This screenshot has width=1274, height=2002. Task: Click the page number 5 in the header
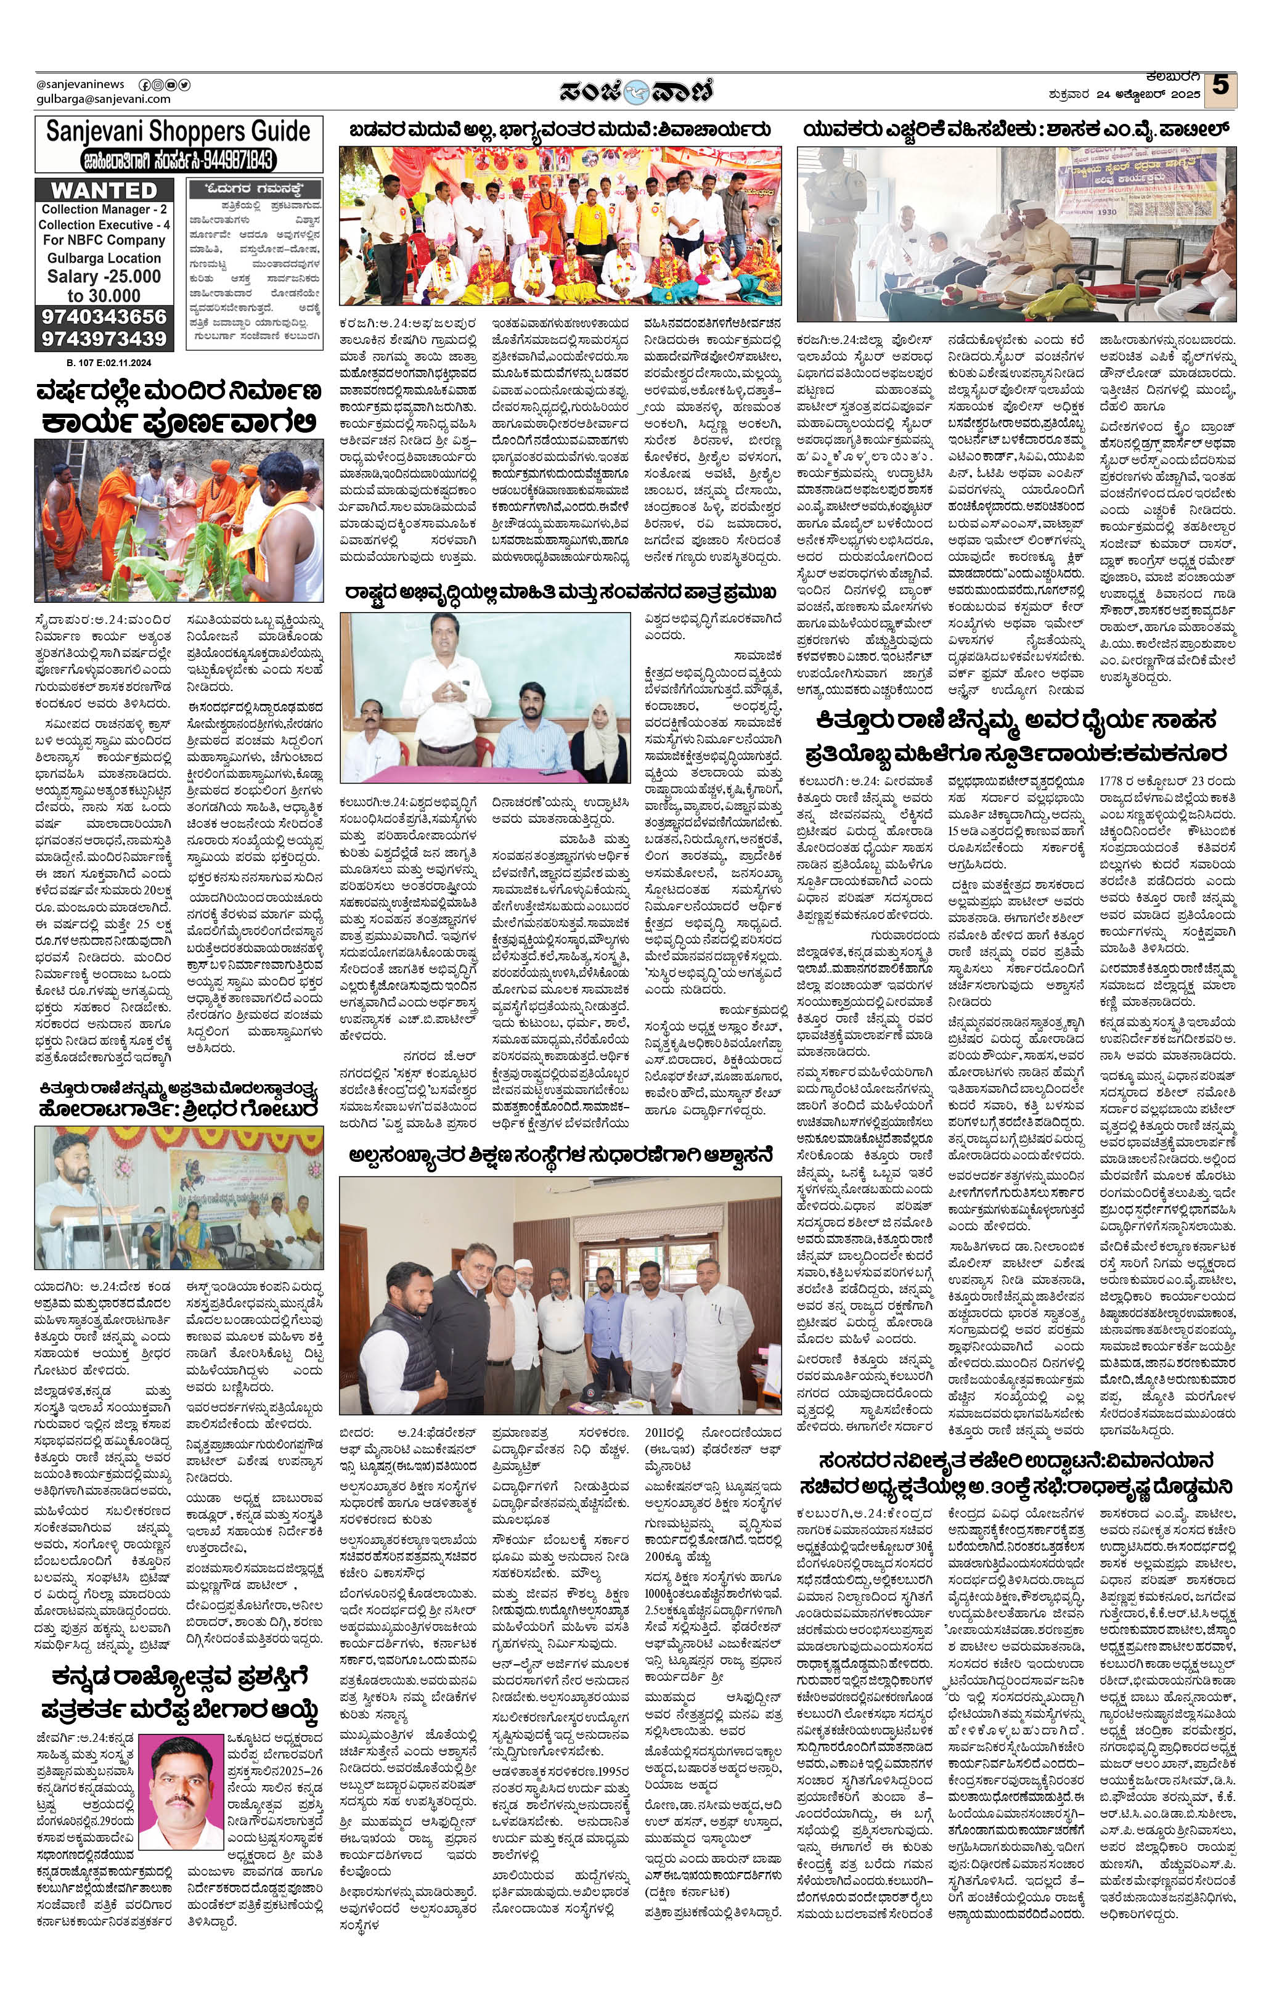point(1220,86)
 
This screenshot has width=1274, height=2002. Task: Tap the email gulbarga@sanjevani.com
point(103,99)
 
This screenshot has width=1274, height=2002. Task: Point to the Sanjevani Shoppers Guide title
point(178,131)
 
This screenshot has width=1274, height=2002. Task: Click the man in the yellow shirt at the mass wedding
point(589,219)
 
